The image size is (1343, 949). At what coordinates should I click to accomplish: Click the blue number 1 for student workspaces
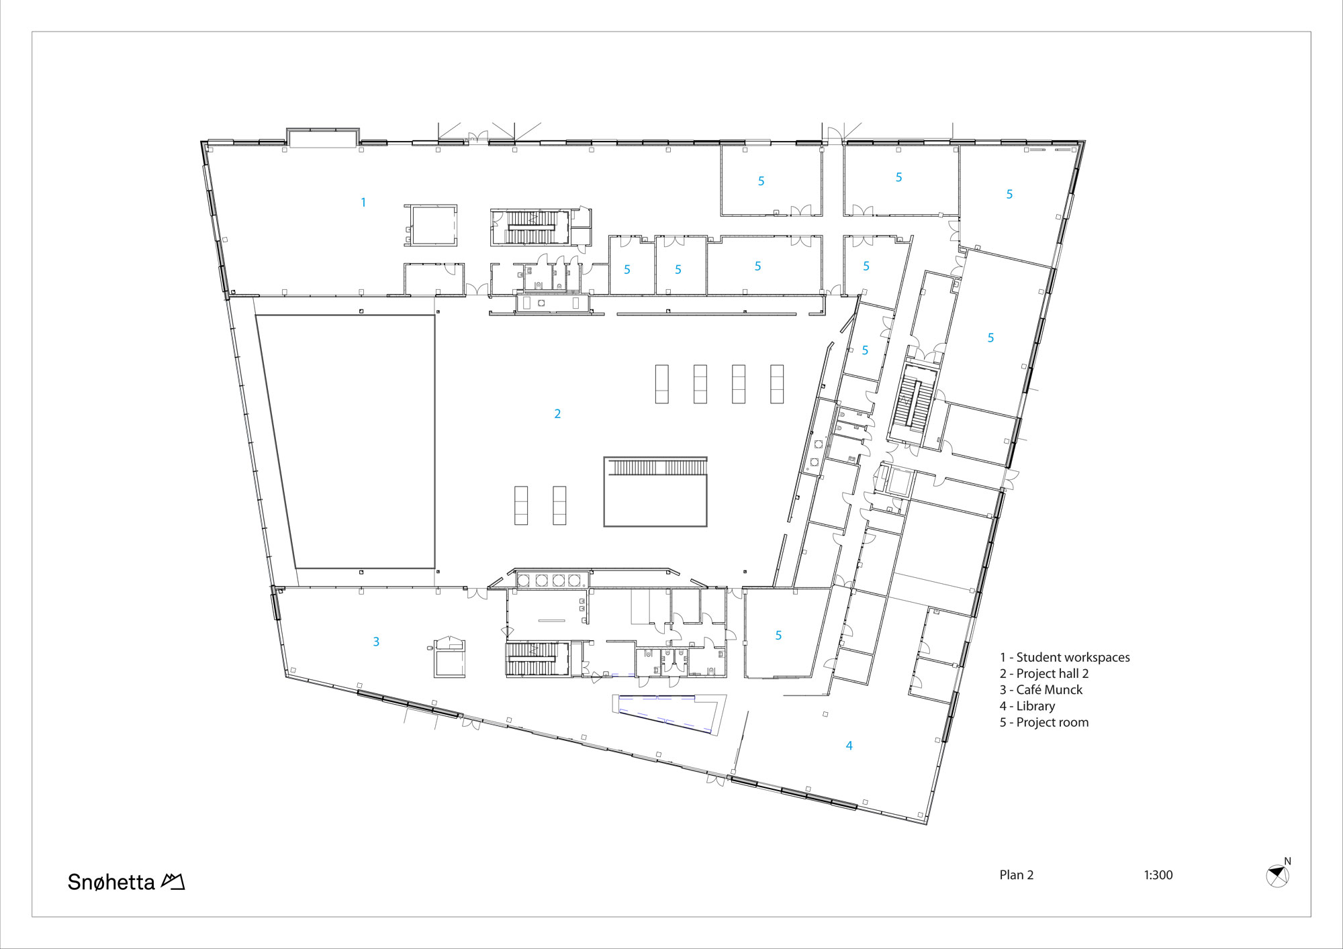click(363, 202)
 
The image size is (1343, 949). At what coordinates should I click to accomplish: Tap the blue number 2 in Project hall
click(557, 414)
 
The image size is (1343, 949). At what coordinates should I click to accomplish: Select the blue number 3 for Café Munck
click(376, 642)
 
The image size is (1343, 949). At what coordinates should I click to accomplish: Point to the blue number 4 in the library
click(849, 746)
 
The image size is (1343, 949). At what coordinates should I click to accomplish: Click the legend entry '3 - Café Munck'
click(1041, 690)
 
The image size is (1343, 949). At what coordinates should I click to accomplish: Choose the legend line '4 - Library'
click(1027, 706)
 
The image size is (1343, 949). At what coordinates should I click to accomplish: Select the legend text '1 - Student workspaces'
click(1064, 658)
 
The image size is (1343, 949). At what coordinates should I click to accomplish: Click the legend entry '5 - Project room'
click(1044, 723)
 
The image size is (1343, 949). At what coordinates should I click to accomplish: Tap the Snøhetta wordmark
click(111, 882)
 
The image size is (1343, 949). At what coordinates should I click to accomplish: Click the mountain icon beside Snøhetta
click(173, 881)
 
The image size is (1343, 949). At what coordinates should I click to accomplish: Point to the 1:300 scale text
click(1158, 875)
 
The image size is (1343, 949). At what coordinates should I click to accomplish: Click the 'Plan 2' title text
click(1016, 875)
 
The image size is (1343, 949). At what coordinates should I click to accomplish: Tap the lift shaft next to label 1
click(433, 226)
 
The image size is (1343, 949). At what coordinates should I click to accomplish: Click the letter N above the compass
click(1287, 861)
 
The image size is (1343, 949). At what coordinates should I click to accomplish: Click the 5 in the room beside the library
click(778, 636)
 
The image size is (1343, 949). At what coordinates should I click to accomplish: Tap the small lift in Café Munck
click(449, 659)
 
